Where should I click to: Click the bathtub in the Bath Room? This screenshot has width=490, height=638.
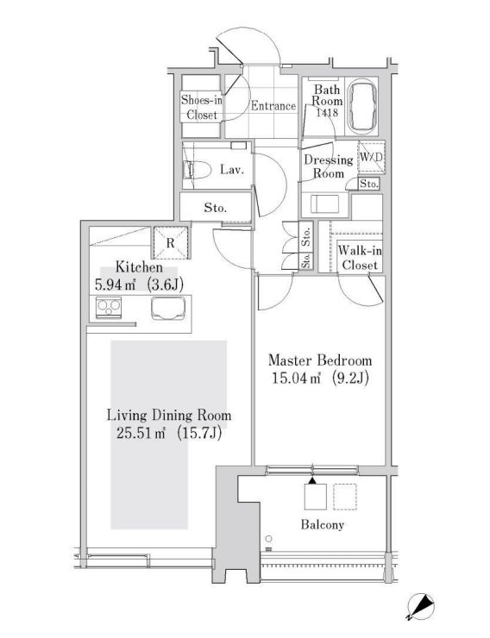pos(363,106)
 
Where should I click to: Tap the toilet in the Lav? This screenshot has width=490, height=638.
pos(196,170)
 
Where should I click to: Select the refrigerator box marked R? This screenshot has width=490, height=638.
pos(171,243)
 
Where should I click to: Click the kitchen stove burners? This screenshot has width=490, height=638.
pos(109,308)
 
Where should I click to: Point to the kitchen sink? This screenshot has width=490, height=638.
pos(168,309)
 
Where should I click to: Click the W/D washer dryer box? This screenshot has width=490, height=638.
pos(371,157)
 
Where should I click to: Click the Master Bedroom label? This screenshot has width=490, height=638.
pos(320,360)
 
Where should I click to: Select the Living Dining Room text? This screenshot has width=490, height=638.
pos(169,416)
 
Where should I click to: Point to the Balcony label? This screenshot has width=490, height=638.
pos(323,524)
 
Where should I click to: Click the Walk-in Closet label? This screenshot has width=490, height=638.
pos(360,258)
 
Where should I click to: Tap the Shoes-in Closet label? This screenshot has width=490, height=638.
pos(202,107)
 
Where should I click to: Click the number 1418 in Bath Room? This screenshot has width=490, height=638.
pos(327,112)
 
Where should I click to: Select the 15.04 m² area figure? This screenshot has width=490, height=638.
pos(295,378)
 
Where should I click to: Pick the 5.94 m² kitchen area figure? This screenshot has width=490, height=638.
pos(115,285)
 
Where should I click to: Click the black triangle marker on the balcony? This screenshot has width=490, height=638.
pos(311,480)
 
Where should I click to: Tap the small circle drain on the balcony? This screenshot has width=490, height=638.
pos(268,539)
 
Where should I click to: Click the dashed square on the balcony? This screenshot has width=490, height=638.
pos(345,497)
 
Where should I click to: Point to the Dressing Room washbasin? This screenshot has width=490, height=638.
pos(324,203)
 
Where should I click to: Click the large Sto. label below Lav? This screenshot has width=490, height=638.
pos(216,208)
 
